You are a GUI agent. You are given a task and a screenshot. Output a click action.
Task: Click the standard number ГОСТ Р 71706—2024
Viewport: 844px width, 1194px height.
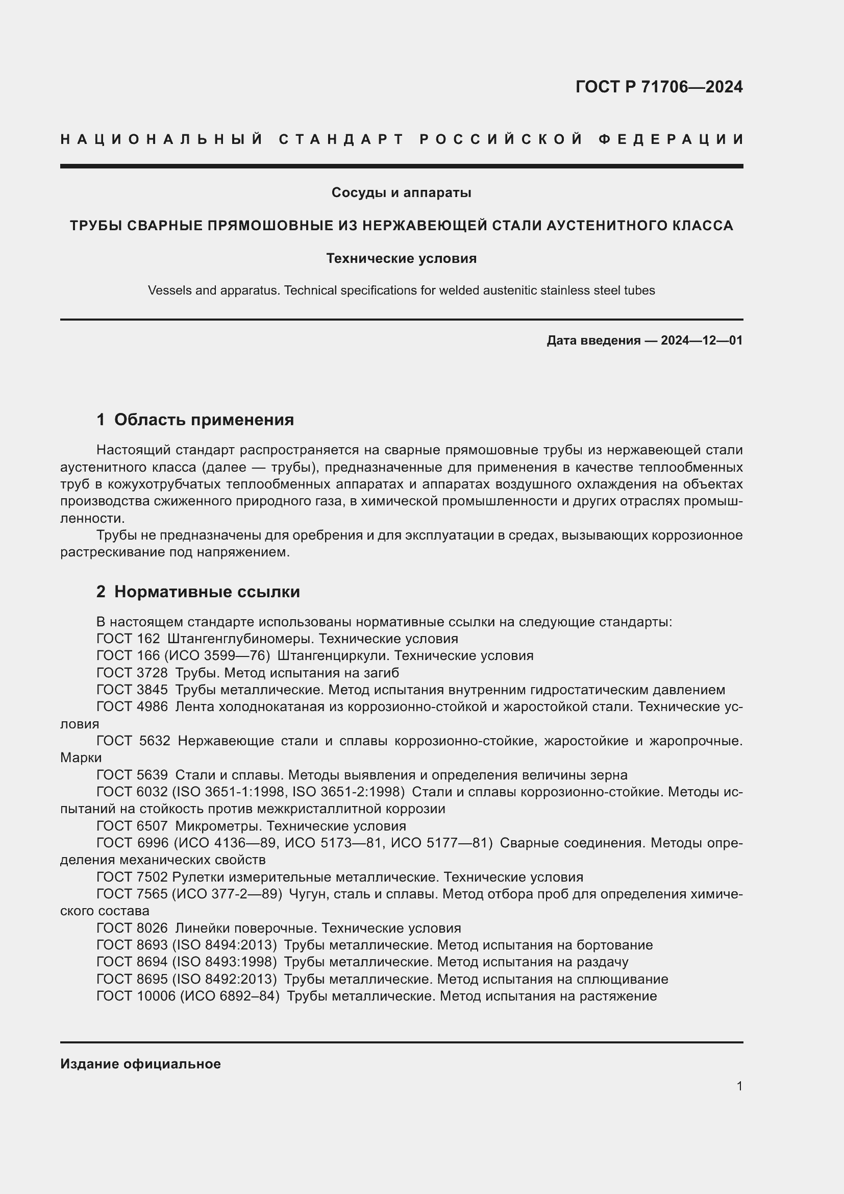point(659,87)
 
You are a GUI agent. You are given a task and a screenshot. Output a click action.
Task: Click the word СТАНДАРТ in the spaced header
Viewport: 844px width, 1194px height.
point(341,139)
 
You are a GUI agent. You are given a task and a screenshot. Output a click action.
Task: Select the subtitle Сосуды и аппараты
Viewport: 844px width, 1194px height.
point(401,192)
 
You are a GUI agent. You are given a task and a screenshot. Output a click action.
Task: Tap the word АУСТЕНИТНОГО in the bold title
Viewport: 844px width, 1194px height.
point(611,225)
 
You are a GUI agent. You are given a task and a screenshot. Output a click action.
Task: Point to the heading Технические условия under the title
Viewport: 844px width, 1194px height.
point(401,258)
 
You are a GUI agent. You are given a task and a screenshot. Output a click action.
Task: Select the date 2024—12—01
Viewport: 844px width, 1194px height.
point(702,340)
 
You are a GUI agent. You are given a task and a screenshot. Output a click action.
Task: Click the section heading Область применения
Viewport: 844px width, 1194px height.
point(204,419)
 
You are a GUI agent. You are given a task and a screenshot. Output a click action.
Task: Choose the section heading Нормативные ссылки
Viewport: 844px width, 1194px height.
point(207,591)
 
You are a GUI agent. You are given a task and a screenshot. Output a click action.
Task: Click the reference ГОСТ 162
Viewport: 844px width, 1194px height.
point(128,639)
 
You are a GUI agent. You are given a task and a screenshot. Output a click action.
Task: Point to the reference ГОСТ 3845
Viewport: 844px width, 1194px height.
point(132,690)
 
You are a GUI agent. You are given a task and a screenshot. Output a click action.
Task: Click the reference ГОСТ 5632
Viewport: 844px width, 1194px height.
point(133,741)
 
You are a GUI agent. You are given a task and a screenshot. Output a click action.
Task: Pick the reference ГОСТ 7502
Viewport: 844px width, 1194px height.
point(132,878)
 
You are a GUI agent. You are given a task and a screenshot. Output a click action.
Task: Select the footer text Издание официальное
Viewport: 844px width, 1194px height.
point(140,1064)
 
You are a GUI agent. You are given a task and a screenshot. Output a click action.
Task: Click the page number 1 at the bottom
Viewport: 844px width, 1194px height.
point(739,1086)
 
